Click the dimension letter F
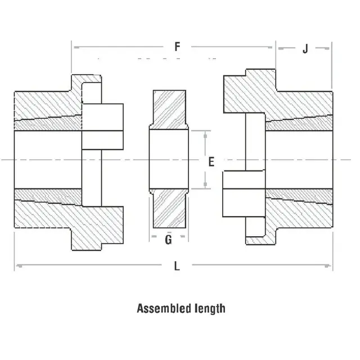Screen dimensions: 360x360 pos(177,47)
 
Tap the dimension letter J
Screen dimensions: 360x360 pos(305,48)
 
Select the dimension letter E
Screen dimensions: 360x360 pos(211,162)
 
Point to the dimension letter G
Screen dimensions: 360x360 pos(168,240)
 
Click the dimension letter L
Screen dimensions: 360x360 pos(177,267)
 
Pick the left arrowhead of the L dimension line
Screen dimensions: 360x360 pos(17,264)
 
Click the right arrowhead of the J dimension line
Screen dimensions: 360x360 pos(330,48)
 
